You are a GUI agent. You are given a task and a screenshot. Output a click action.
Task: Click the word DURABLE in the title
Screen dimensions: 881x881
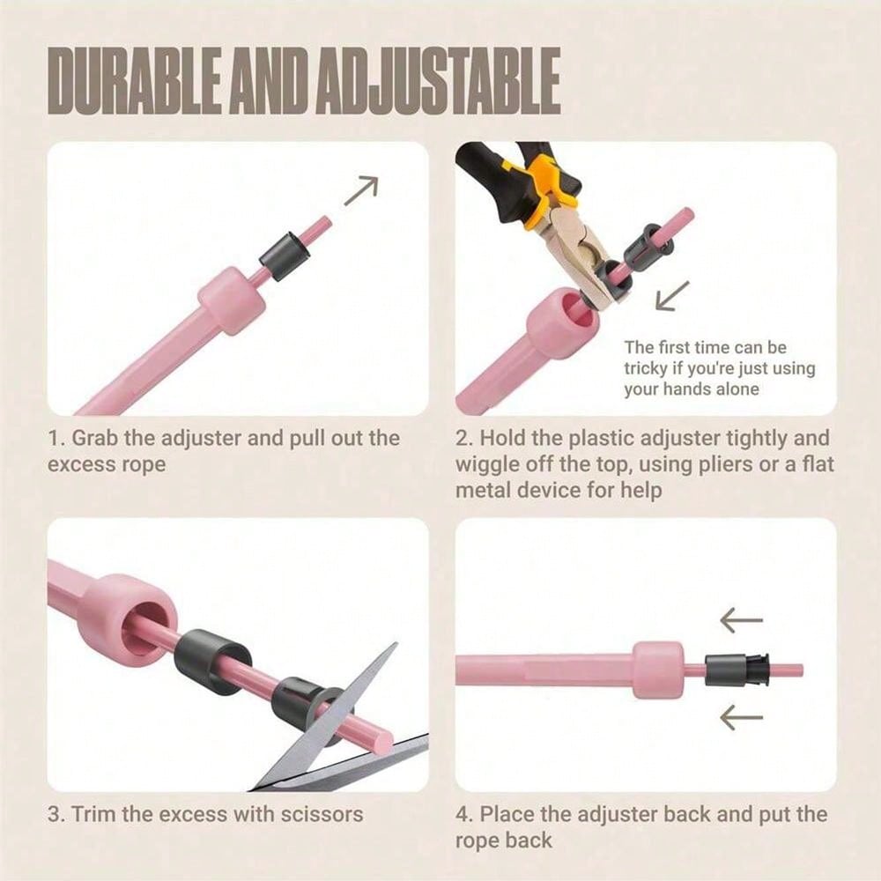132,81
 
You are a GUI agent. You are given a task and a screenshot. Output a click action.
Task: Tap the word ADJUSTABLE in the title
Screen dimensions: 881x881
437,81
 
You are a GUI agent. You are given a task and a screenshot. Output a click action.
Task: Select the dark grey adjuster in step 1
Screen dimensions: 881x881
285,255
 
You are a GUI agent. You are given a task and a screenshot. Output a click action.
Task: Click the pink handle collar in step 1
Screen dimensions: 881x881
232,300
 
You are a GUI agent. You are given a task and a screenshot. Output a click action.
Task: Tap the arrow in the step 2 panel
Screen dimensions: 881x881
672,295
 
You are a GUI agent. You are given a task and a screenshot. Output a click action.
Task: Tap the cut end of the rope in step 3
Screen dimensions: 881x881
384,742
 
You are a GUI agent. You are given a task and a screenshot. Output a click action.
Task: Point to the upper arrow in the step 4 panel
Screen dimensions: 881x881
742,620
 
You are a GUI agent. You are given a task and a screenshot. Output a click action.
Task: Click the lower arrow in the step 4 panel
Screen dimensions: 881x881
742,717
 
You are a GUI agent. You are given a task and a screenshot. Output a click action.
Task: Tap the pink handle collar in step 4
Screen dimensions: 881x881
658,670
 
